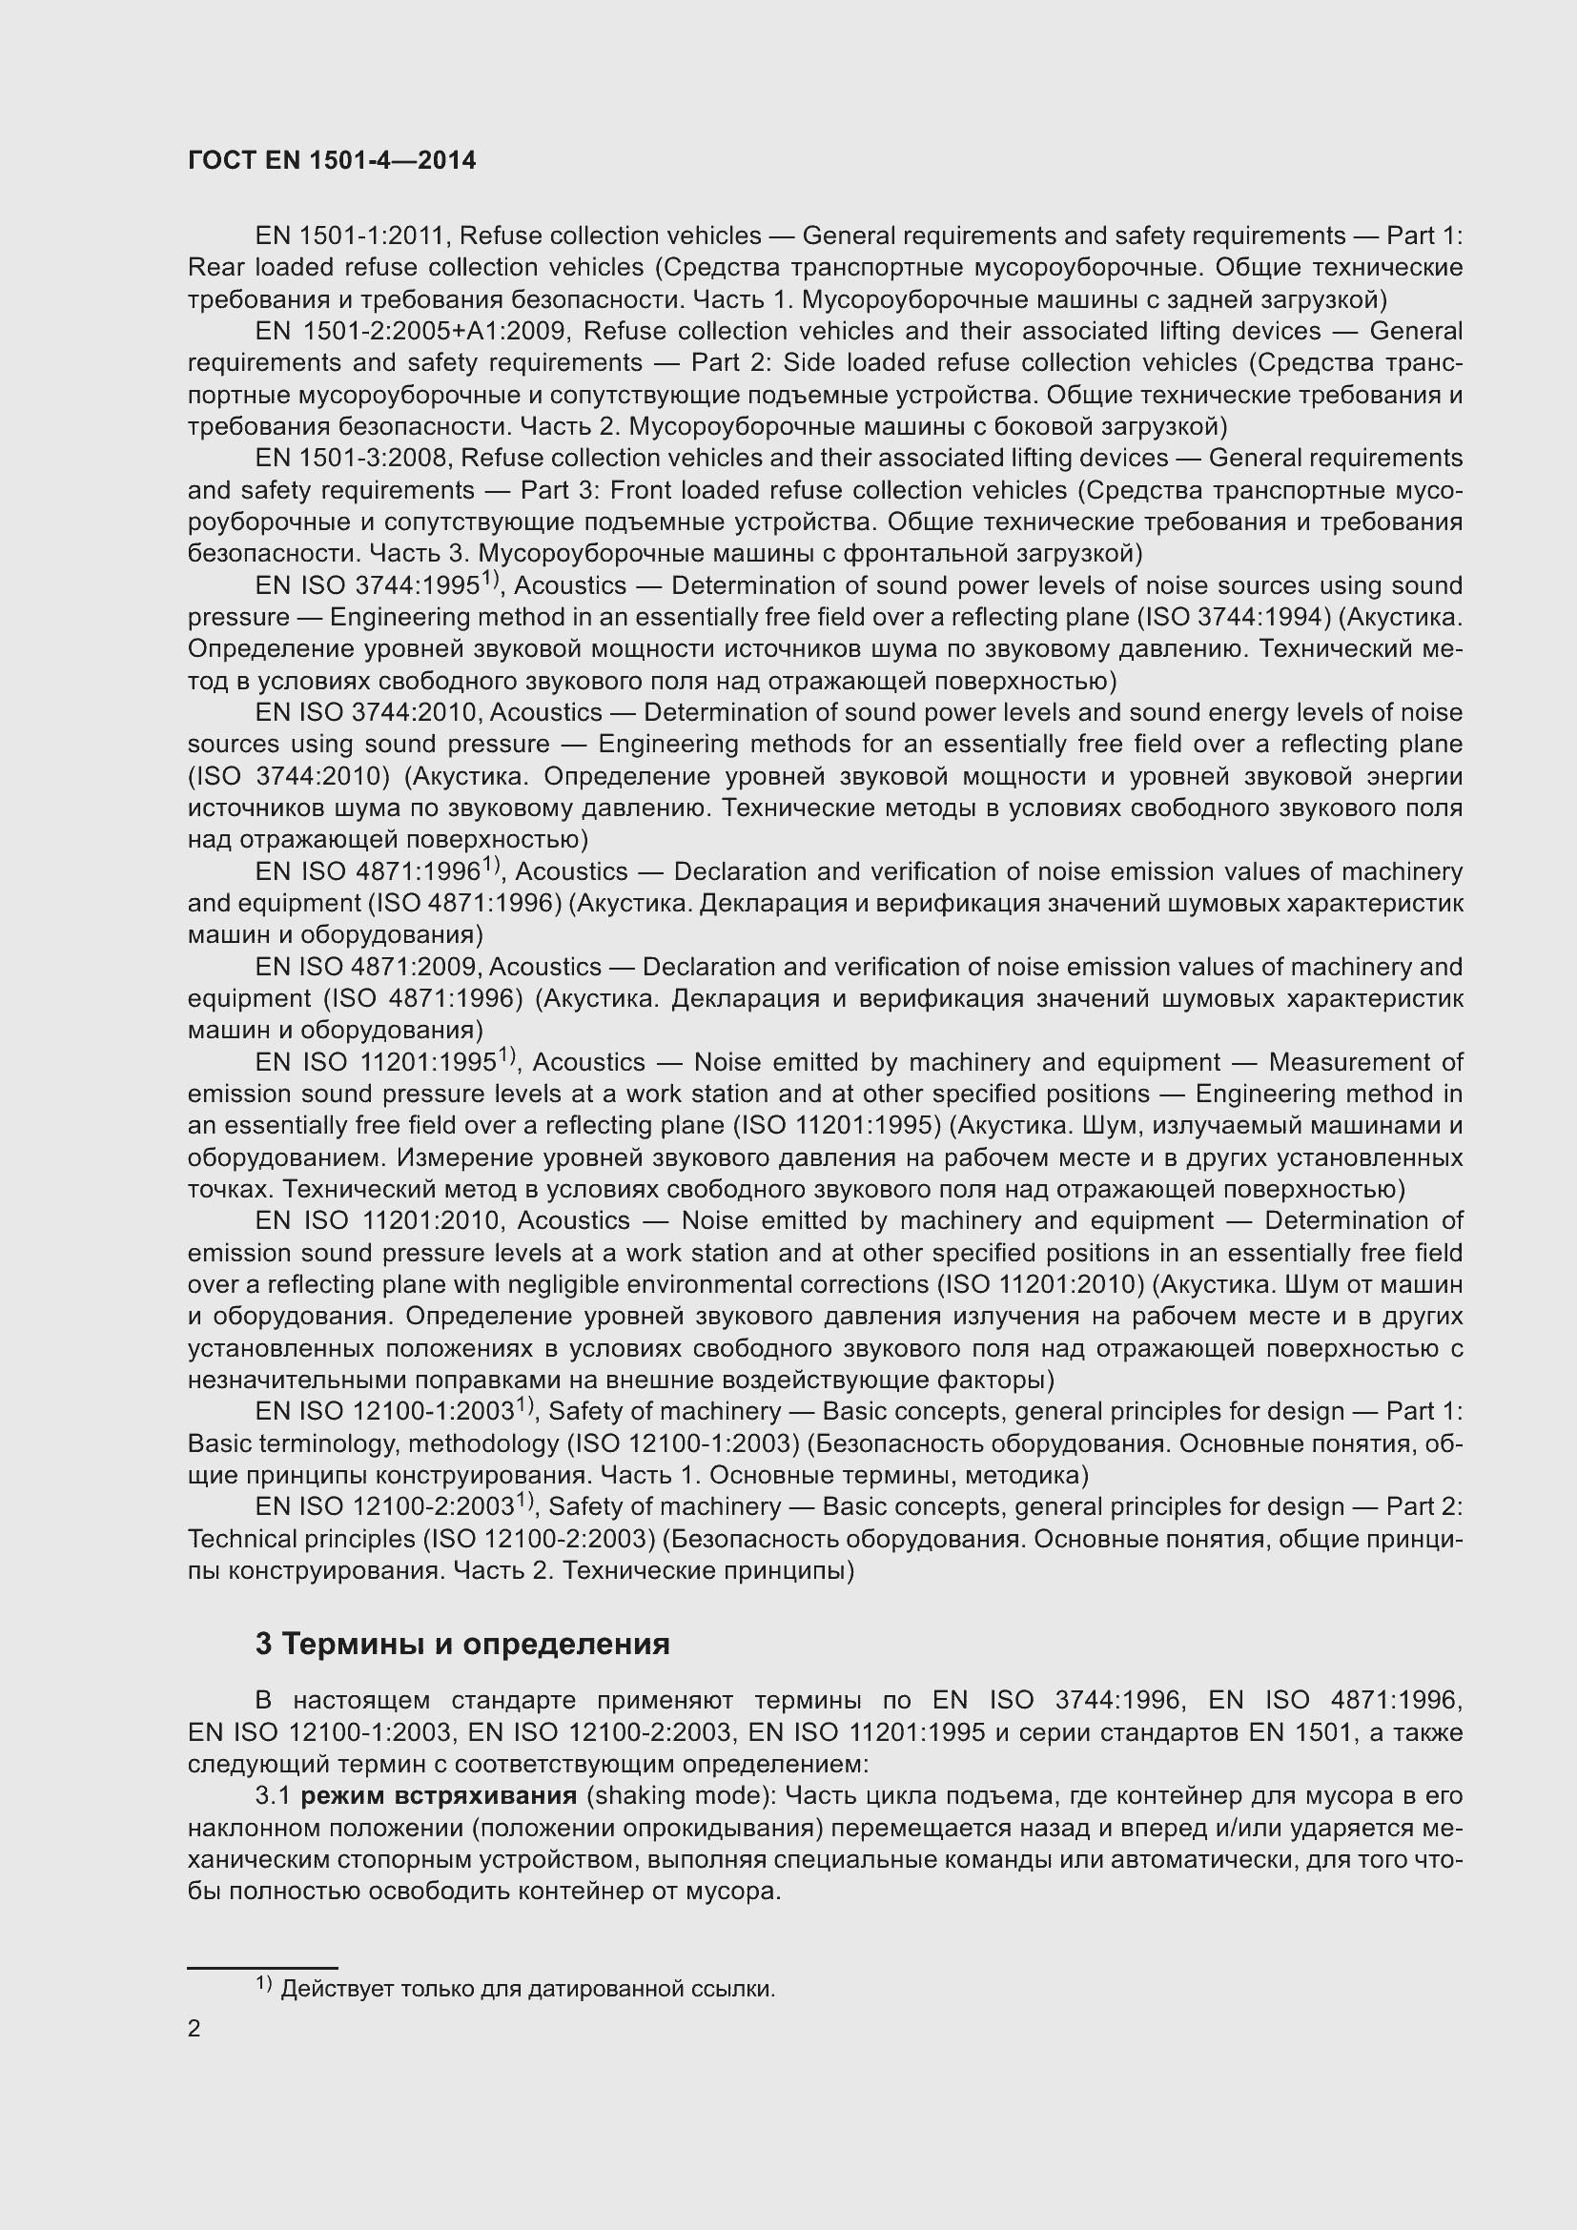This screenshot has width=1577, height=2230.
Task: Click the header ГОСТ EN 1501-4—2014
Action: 331,160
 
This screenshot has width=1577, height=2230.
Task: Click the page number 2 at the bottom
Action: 195,2028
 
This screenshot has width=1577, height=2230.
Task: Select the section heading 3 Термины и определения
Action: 462,1645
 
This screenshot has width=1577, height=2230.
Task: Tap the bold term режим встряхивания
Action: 439,1796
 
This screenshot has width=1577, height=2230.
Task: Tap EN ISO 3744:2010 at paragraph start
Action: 365,713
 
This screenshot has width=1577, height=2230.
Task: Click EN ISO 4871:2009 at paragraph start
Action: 365,968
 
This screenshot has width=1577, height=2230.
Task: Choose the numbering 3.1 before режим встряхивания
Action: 273,1796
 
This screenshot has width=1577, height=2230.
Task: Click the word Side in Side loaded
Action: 808,363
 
